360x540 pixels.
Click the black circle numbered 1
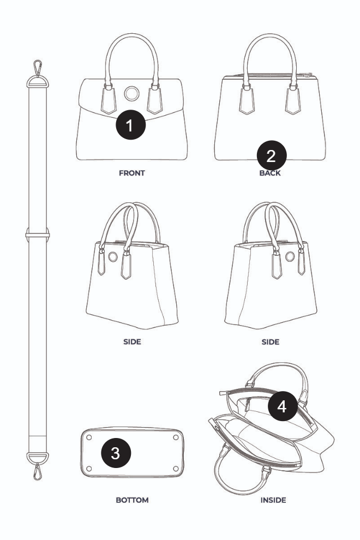130,125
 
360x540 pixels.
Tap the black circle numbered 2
272,155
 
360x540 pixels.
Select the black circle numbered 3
116,453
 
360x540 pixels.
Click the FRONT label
132,173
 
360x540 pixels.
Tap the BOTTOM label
133,500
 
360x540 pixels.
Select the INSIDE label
273,500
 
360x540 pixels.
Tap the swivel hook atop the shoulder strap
38,68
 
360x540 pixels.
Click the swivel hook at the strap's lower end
38,471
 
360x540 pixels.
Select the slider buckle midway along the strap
38,235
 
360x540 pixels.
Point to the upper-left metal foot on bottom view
89,437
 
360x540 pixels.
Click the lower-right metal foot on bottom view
176,469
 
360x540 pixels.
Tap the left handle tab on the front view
109,99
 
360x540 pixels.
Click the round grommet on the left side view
113,256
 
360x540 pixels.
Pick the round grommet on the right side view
290,256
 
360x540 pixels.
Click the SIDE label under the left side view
133,342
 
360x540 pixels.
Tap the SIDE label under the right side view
271,342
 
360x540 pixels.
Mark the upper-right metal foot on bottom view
176,437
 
